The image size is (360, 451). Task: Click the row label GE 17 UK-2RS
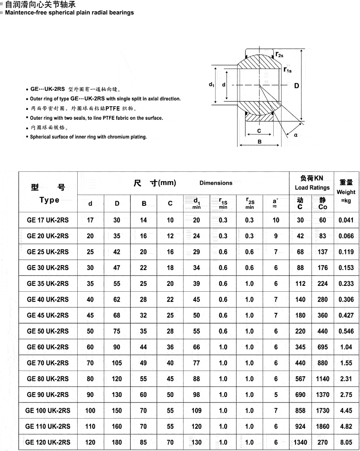tap(48, 220)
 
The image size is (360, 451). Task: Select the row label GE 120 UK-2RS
tap(48, 442)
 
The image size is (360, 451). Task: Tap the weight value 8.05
tap(346, 442)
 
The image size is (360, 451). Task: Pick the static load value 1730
tap(323, 411)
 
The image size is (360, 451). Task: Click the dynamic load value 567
tap(300, 379)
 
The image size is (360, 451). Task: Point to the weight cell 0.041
tap(346, 220)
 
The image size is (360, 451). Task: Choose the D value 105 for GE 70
tap(117, 363)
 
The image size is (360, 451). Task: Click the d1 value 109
tap(196, 411)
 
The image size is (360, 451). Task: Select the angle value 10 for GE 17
tap(276, 220)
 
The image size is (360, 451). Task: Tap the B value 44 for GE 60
tap(143, 347)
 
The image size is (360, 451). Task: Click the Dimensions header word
tap(216, 183)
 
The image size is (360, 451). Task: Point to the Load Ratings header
tap(312, 188)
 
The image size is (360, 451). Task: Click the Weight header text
tap(346, 192)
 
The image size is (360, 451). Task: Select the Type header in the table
tap(49, 200)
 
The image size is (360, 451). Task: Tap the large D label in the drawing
tap(296, 86)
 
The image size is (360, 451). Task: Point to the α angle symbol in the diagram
tap(295, 135)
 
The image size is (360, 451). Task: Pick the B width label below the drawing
tap(260, 142)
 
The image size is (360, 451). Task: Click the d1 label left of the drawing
tap(211, 85)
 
